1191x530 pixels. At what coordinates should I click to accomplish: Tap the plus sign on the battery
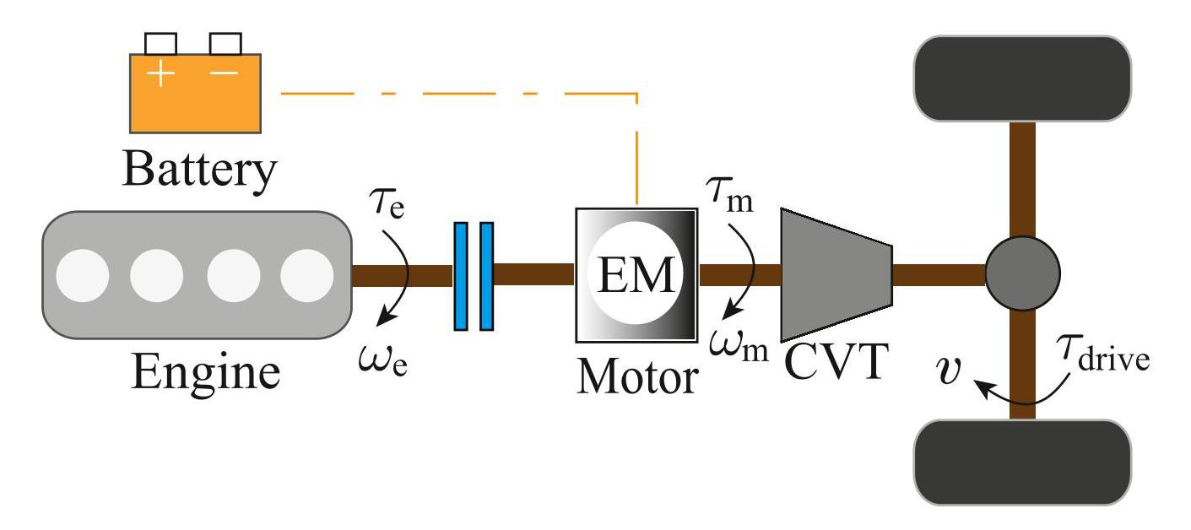pyautogui.click(x=161, y=74)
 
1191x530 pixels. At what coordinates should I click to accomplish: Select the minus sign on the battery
pyautogui.click(x=224, y=73)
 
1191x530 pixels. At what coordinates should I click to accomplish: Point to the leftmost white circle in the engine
pyautogui.click(x=83, y=276)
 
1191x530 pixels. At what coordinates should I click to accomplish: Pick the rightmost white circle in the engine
pyautogui.click(x=308, y=276)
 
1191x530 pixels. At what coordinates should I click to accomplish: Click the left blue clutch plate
pyautogui.click(x=461, y=276)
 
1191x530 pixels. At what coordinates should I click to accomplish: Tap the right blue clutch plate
pyautogui.click(x=486, y=276)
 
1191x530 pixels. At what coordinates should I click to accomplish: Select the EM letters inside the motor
pyautogui.click(x=636, y=275)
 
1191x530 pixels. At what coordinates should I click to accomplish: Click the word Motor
pyautogui.click(x=637, y=378)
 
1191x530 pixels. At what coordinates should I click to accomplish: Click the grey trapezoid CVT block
pyautogui.click(x=836, y=275)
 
